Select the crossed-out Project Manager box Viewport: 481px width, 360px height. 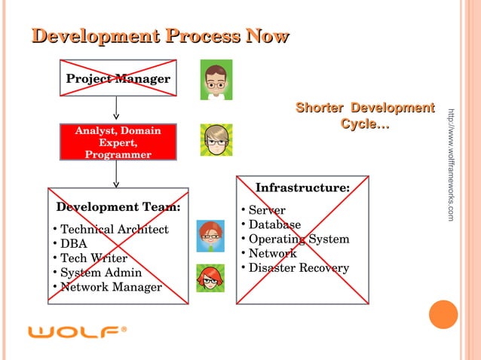[118, 79]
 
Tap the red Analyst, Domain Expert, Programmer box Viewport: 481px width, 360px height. [118, 142]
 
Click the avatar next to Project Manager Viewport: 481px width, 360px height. [216, 80]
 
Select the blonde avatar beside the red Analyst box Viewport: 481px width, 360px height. [216, 140]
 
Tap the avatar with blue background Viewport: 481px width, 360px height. [210, 236]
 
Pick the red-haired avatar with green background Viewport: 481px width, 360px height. [210, 278]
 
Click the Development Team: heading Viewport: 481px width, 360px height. [118, 207]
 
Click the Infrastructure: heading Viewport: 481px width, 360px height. [302, 188]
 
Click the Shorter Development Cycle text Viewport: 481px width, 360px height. [365, 116]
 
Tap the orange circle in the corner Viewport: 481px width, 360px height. [443, 315]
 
